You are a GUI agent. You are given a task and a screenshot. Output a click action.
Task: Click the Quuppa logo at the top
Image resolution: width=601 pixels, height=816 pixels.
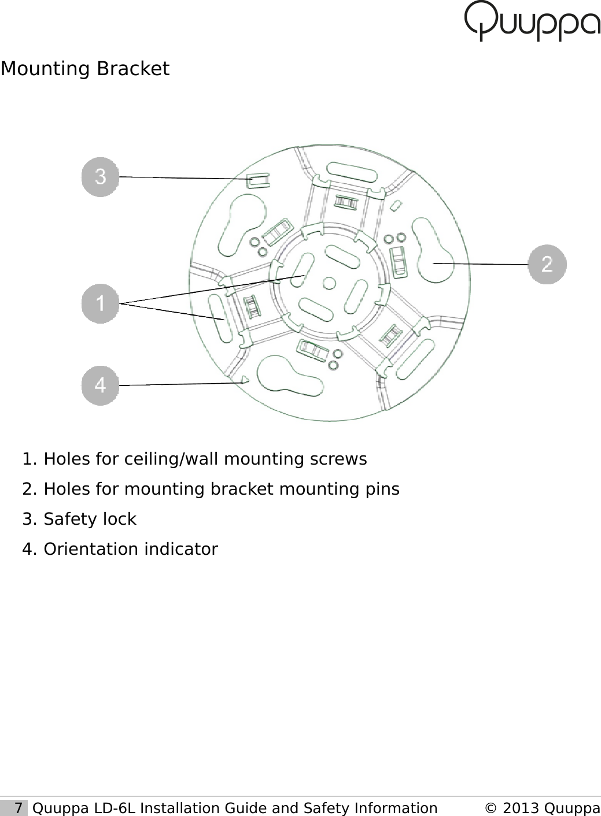[532, 21]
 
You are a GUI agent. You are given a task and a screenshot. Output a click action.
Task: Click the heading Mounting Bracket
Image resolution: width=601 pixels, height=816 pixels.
[85, 69]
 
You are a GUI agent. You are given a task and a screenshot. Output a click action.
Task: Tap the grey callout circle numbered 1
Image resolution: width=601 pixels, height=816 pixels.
[100, 303]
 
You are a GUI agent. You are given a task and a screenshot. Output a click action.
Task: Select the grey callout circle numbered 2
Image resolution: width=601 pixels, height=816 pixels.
[547, 264]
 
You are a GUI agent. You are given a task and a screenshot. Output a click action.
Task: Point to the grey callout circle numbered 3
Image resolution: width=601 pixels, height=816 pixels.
[100, 177]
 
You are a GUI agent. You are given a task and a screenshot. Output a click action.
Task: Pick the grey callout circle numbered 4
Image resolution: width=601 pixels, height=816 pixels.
[100, 385]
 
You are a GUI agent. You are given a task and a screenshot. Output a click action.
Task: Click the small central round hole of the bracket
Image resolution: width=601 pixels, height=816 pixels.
[329, 283]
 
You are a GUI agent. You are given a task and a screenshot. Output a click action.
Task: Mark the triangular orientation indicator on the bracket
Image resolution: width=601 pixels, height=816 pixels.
[245, 380]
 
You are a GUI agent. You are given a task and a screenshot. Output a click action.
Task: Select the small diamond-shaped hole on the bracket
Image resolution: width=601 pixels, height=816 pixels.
[397, 205]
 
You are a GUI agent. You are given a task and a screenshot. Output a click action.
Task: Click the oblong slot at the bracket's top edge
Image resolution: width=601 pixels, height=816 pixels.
[352, 173]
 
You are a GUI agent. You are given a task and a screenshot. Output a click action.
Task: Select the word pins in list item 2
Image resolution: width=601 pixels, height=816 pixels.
[382, 489]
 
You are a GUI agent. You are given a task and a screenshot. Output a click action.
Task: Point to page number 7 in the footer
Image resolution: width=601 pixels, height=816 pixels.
[19, 808]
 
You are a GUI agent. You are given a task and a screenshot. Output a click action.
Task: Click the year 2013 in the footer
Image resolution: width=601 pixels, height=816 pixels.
[521, 808]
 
